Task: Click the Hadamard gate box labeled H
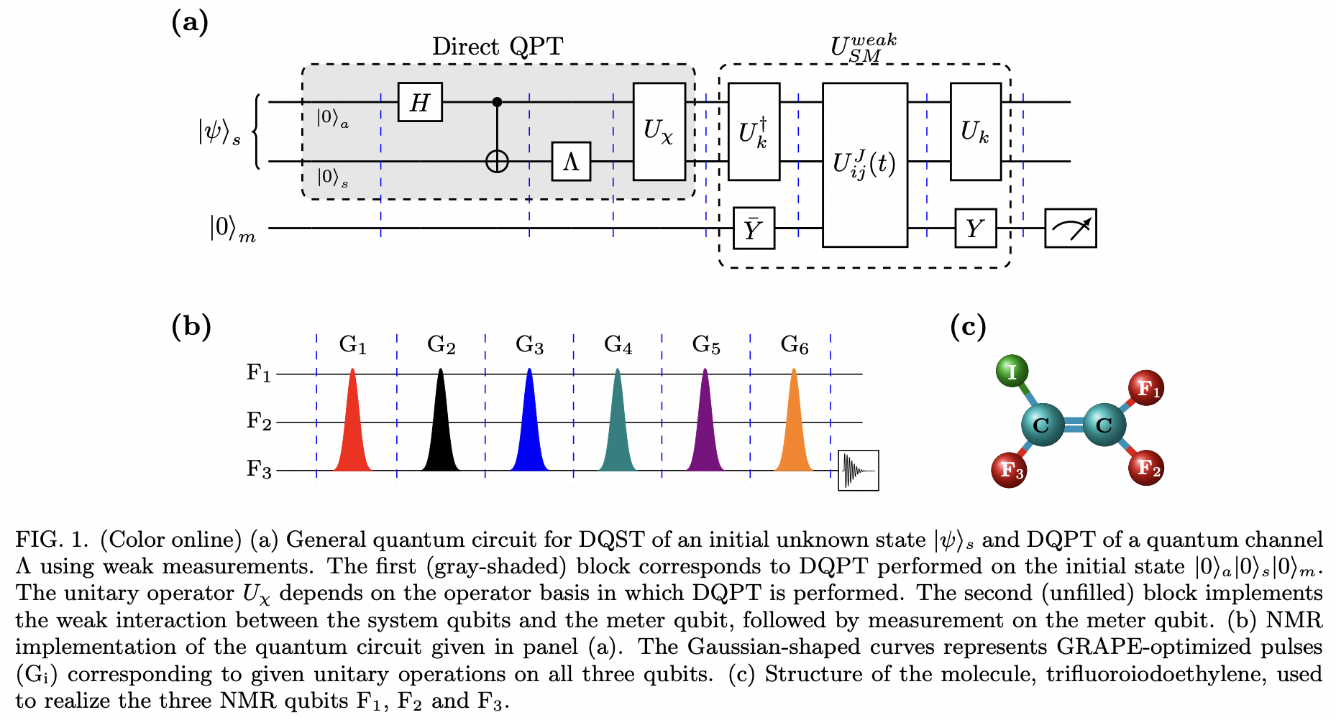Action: [x=420, y=102]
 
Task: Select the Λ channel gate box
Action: [x=571, y=162]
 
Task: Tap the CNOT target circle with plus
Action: [x=497, y=162]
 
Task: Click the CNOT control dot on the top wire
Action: [x=497, y=102]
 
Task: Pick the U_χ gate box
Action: [x=659, y=131]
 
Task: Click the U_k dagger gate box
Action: [x=754, y=131]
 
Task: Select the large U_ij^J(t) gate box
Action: [x=864, y=165]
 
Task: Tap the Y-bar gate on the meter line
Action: [x=754, y=229]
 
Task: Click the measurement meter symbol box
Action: [x=1070, y=229]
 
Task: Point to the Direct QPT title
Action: [x=498, y=47]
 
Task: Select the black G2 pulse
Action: [x=441, y=424]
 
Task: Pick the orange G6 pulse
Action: [x=793, y=424]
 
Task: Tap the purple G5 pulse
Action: [x=705, y=424]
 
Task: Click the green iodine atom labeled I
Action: [x=1012, y=371]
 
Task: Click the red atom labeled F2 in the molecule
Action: [x=1146, y=468]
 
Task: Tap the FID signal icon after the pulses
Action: [x=858, y=471]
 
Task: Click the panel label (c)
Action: [x=967, y=327]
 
